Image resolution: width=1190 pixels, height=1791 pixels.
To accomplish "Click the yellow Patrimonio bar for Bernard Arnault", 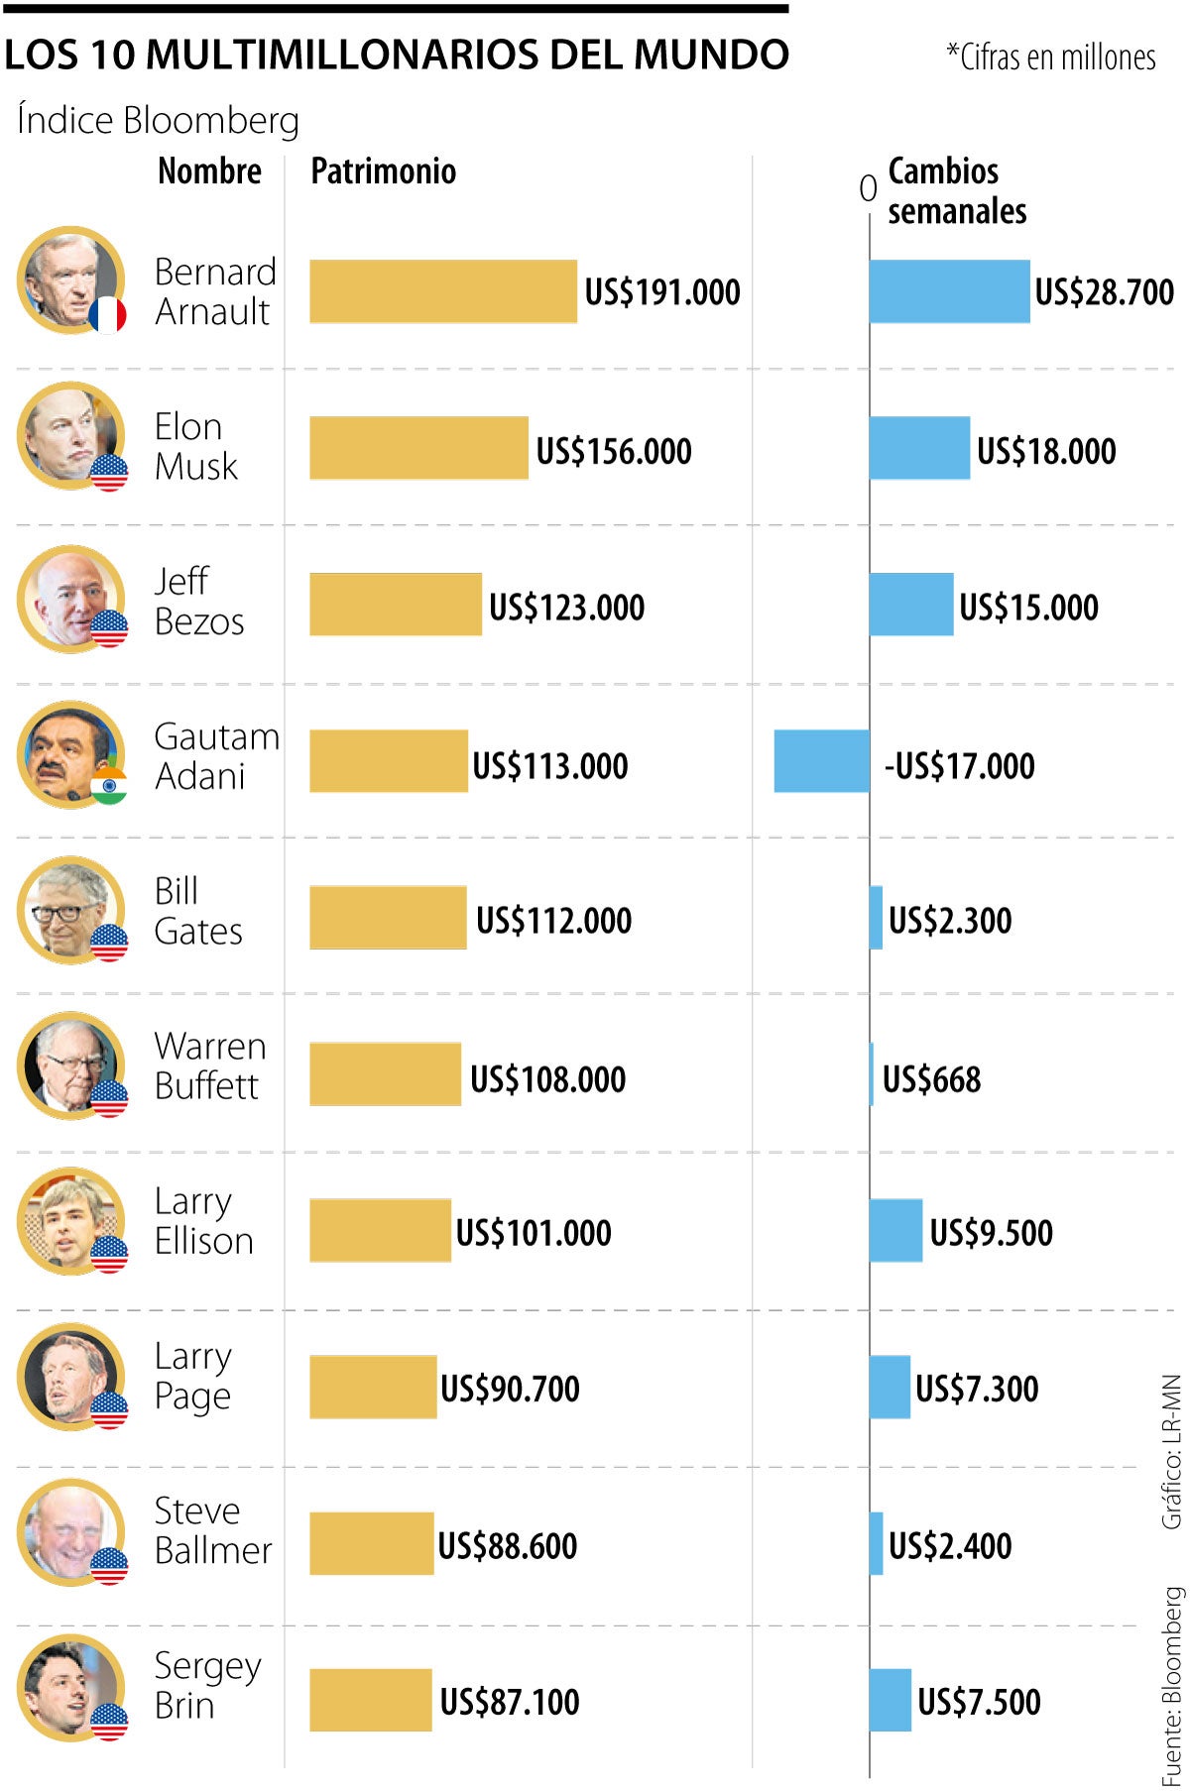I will click(442, 291).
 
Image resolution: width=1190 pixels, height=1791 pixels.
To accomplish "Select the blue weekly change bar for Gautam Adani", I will click(821, 761).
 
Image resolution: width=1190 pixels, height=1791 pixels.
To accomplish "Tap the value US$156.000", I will click(614, 451).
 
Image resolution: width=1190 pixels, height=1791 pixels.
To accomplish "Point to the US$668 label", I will click(931, 1078).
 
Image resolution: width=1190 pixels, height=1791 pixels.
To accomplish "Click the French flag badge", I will click(107, 315).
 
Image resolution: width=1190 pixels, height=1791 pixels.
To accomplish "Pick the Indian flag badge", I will click(109, 785).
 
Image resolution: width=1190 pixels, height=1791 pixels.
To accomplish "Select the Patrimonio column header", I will click(383, 171).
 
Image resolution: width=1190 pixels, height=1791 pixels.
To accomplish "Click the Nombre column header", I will click(209, 171).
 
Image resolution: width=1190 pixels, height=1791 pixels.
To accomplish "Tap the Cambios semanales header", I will click(956, 190).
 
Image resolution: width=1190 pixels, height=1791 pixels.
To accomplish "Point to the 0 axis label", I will click(868, 188).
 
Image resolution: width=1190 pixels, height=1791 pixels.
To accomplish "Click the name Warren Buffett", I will click(210, 1065).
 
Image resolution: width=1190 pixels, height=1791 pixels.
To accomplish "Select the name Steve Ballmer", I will click(212, 1529).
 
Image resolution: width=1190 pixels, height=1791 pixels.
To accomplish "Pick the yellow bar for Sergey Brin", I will click(370, 1700).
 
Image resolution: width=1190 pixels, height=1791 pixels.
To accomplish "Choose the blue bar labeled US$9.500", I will click(895, 1230).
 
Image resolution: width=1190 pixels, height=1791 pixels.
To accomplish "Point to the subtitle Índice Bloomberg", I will click(158, 121).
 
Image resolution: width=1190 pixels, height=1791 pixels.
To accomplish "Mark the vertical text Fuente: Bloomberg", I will click(1172, 1685).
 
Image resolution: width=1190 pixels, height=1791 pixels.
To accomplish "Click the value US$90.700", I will click(510, 1388).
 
